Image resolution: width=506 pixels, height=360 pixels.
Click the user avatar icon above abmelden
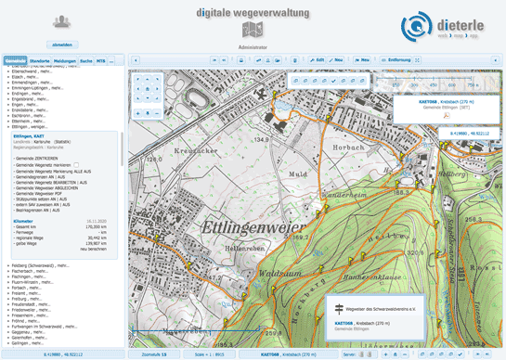tap(62, 21)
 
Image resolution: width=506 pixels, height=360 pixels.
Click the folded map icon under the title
tap(252, 30)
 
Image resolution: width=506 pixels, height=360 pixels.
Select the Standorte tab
tap(40, 59)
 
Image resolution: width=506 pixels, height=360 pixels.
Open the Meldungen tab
tap(65, 59)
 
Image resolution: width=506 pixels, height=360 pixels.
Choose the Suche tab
tap(85, 59)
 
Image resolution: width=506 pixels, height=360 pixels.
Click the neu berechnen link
tap(94, 249)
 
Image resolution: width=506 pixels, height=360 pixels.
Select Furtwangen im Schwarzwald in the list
tap(48, 327)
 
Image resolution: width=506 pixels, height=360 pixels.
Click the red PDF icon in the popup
tap(448, 118)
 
